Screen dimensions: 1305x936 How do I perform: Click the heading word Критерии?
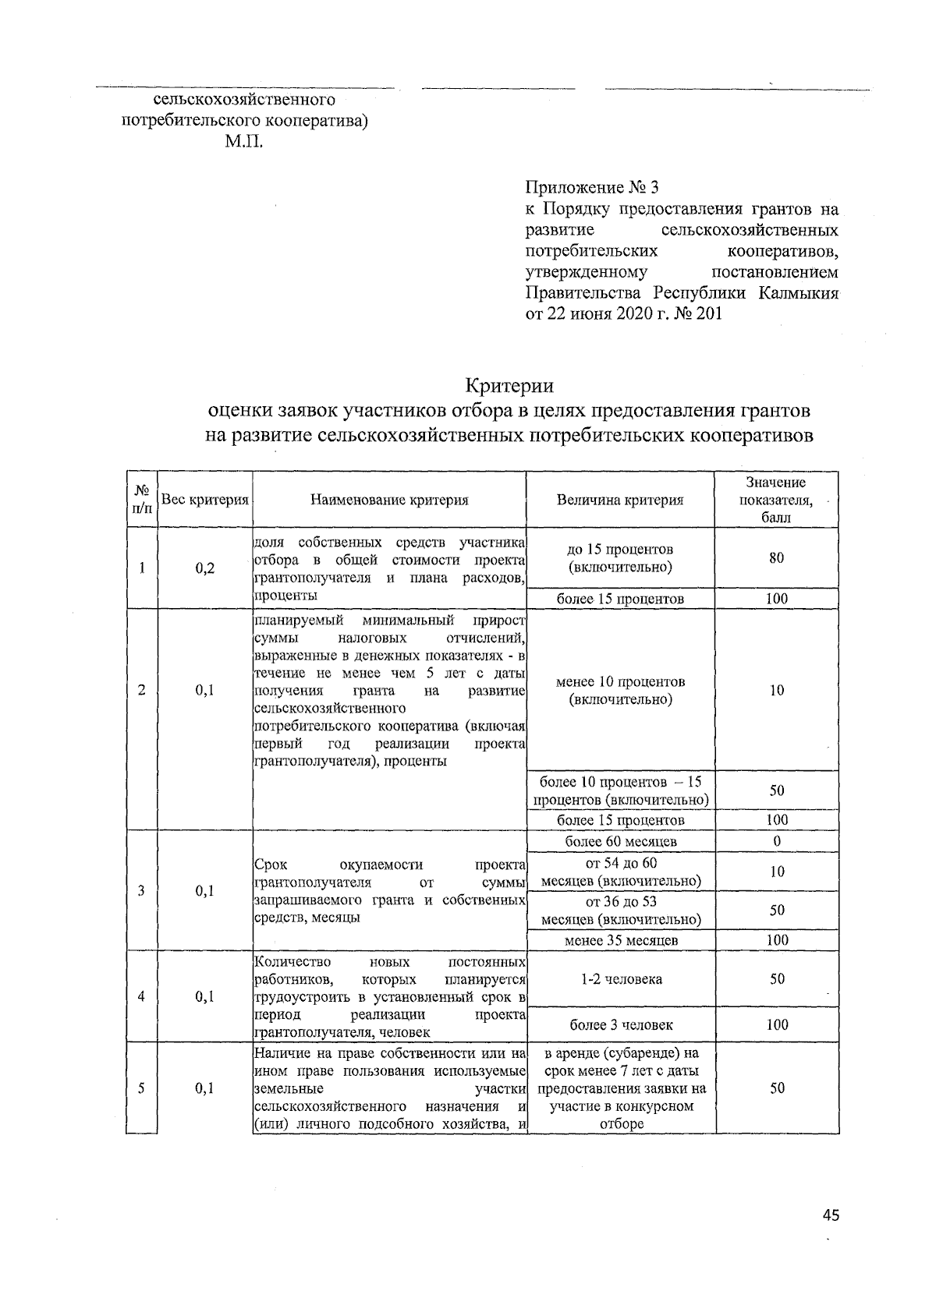click(x=509, y=386)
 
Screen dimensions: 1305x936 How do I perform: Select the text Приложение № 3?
click(x=592, y=188)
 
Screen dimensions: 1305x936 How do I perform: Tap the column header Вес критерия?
click(x=204, y=500)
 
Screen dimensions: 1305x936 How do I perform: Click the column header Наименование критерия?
click(x=389, y=500)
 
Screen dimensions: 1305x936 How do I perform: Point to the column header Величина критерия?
click(x=620, y=500)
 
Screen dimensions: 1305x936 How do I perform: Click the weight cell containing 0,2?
click(x=204, y=568)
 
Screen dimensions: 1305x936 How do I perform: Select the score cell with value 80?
click(x=776, y=558)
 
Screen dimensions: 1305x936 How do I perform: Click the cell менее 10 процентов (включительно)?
click(x=620, y=690)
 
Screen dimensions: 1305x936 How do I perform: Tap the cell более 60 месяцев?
click(x=620, y=841)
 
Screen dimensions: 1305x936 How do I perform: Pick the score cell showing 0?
click(x=777, y=841)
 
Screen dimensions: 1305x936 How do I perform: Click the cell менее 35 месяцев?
click(x=620, y=940)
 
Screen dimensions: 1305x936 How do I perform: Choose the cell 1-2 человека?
click(x=621, y=979)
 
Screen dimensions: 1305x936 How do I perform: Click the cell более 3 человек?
click(x=621, y=1024)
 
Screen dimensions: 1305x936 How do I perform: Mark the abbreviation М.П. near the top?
click(x=244, y=143)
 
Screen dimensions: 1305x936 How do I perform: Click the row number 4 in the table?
click(x=142, y=996)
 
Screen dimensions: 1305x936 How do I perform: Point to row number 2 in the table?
click(x=142, y=690)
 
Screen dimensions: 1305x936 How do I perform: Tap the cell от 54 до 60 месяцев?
click(x=621, y=872)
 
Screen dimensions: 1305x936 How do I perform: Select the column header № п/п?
click(x=142, y=499)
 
